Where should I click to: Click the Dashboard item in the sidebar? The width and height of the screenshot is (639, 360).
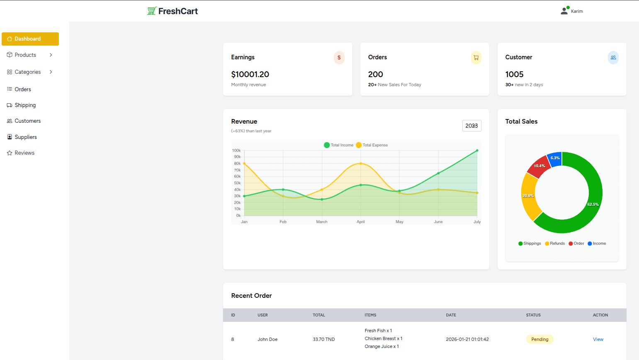(x=30, y=39)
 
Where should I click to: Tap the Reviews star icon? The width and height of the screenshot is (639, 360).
(x=10, y=153)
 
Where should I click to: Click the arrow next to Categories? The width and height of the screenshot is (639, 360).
(x=51, y=72)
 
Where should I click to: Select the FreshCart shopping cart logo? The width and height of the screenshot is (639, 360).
(x=151, y=11)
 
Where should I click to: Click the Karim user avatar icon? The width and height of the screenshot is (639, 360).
(x=564, y=11)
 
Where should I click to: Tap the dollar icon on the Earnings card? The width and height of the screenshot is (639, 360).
(x=339, y=58)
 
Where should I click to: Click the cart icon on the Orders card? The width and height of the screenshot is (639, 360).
(x=476, y=58)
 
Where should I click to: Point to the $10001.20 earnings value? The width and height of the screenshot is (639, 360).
(x=250, y=75)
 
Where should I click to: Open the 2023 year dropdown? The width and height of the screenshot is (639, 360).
(x=471, y=126)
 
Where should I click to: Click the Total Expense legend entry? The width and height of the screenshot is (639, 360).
(x=372, y=145)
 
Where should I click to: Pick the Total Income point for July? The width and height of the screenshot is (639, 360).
(x=477, y=151)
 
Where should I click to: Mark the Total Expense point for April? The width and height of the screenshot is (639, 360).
(x=361, y=163)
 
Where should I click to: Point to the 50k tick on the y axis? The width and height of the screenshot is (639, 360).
(x=237, y=183)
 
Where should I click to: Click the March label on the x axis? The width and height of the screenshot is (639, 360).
(x=322, y=221)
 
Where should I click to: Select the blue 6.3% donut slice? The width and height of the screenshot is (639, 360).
(x=555, y=159)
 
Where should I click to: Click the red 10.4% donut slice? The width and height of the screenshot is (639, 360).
(x=539, y=167)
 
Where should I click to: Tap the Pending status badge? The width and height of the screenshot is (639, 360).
(x=539, y=339)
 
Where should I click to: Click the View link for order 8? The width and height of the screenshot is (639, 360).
(x=598, y=339)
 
